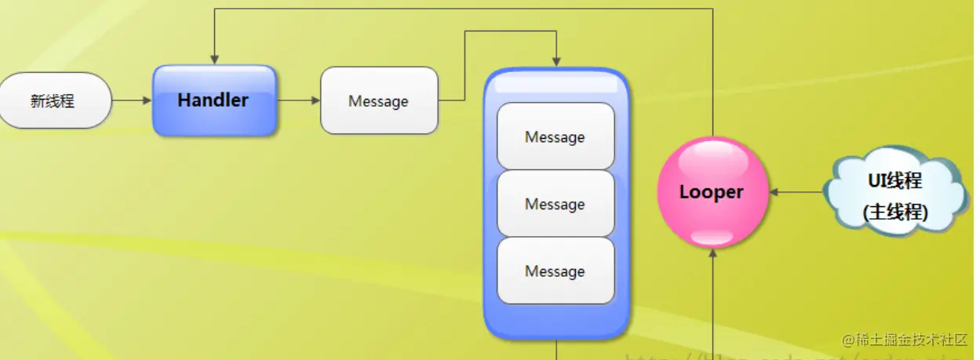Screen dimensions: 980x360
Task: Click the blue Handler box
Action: click(x=214, y=100)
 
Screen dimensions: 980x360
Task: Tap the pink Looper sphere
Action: click(x=712, y=192)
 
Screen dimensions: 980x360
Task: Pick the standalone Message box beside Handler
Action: click(x=379, y=100)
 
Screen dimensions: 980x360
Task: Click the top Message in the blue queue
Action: click(x=556, y=136)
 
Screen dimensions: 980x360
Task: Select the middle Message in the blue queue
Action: click(x=556, y=204)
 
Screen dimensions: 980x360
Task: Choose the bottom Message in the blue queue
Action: click(x=556, y=271)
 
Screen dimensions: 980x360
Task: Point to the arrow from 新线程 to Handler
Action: click(x=132, y=100)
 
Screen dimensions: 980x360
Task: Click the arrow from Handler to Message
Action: click(x=299, y=100)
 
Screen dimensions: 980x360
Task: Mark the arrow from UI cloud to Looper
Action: click(x=796, y=192)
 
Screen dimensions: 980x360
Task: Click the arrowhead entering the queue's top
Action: click(x=556, y=61)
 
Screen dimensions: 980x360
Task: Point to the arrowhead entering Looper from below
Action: click(x=712, y=253)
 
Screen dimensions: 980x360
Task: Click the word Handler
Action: click(x=213, y=100)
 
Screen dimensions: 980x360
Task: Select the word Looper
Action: click(x=711, y=192)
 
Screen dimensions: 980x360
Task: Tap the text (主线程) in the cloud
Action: click(x=894, y=212)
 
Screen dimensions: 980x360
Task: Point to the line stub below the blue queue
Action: click(x=556, y=350)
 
